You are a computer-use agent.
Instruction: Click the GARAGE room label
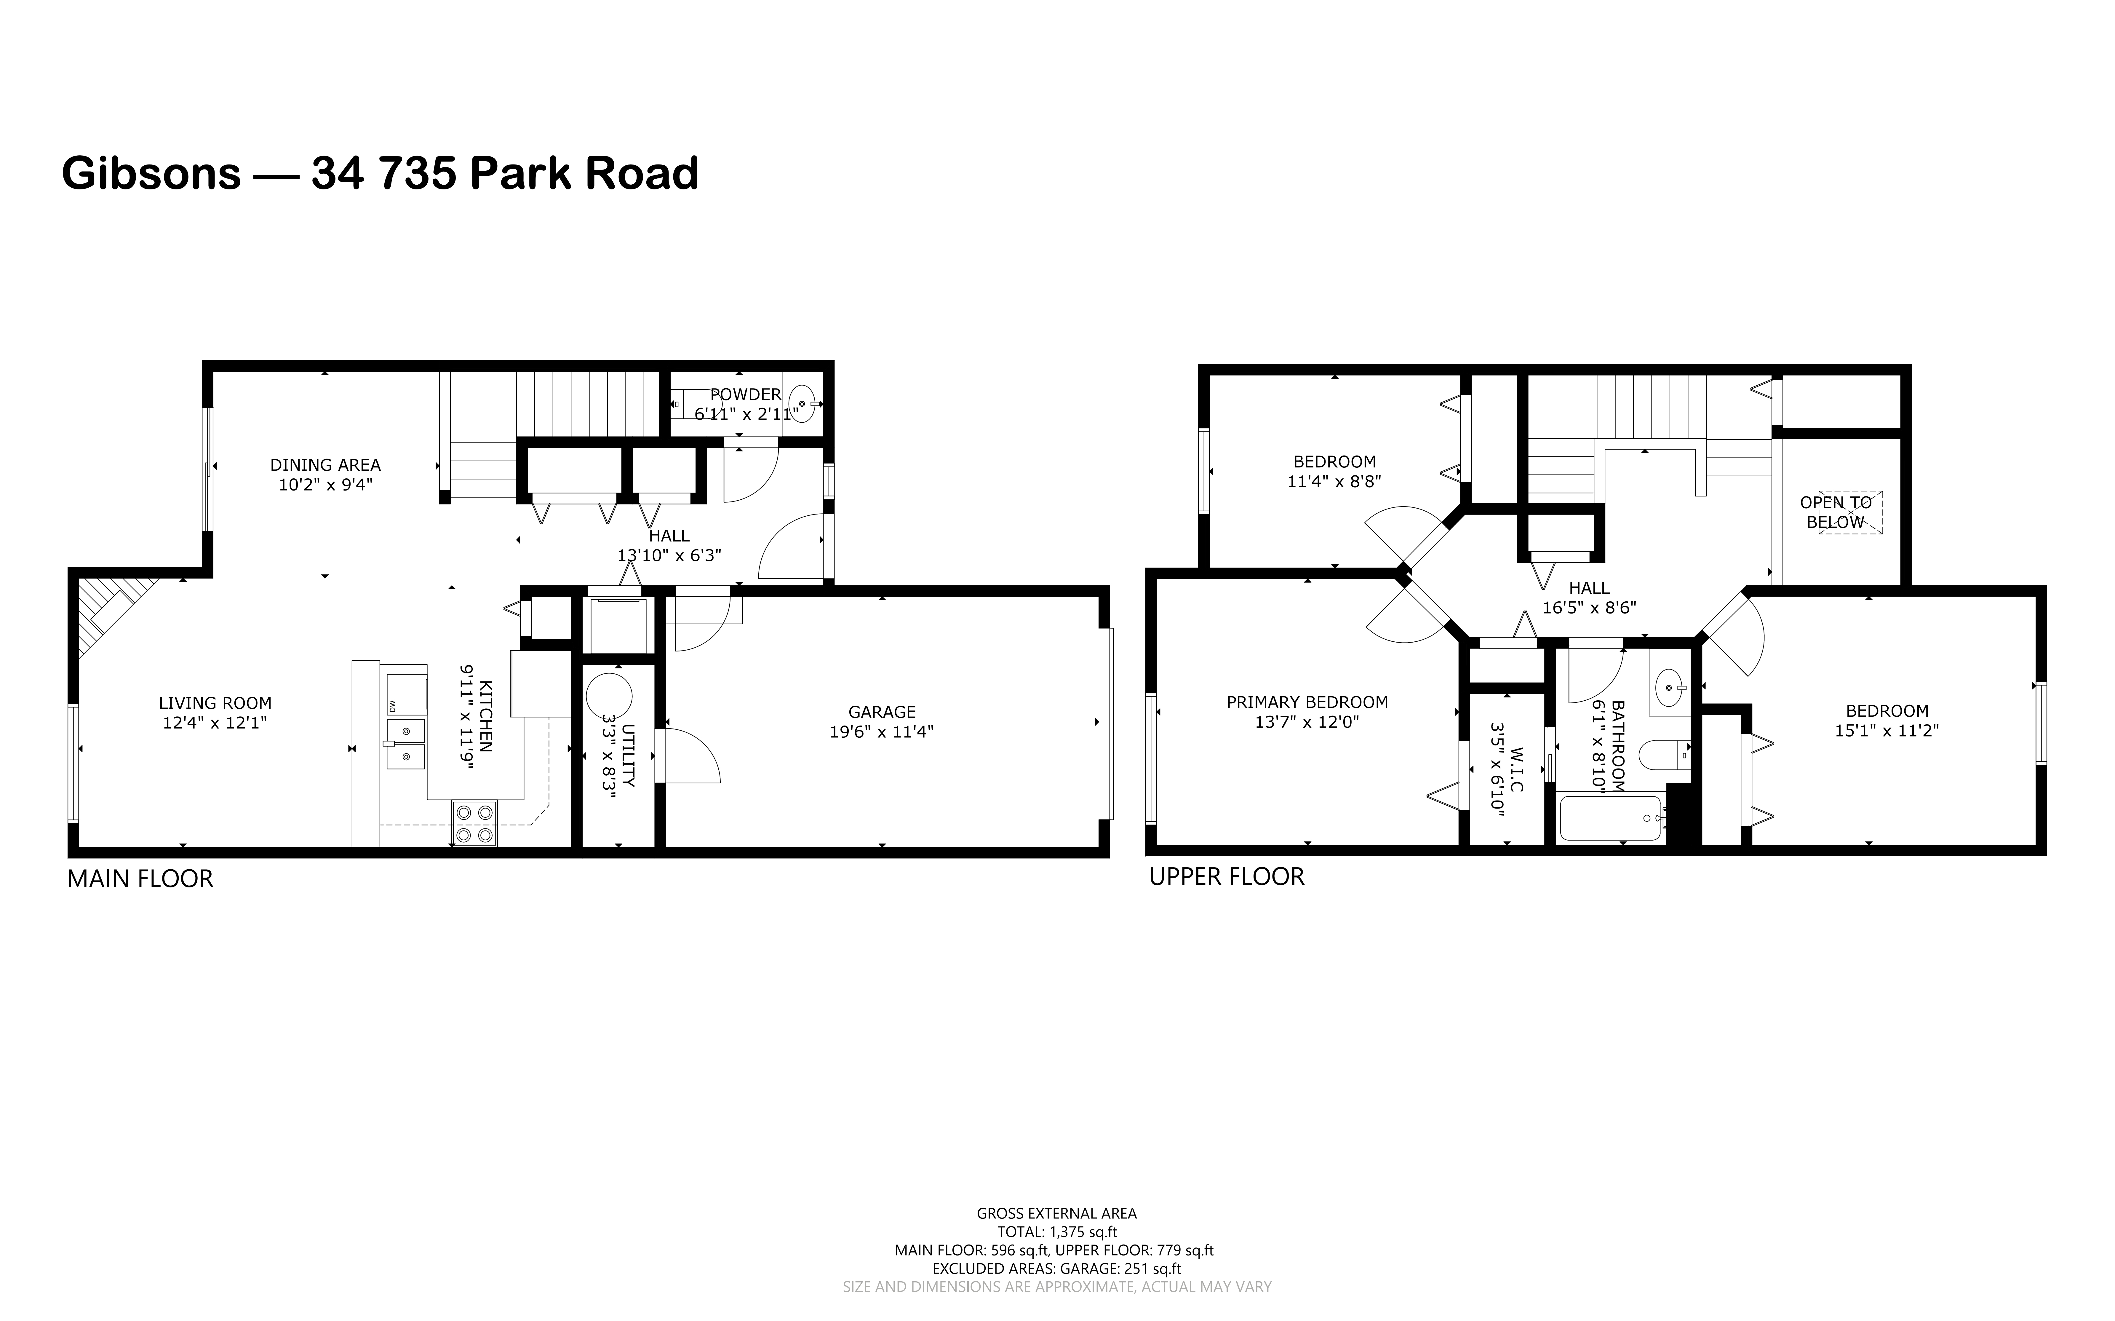[881, 712]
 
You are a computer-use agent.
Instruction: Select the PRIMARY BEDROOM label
[1307, 702]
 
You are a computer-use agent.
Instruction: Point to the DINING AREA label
[325, 465]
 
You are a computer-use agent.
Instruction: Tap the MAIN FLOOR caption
[140, 879]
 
